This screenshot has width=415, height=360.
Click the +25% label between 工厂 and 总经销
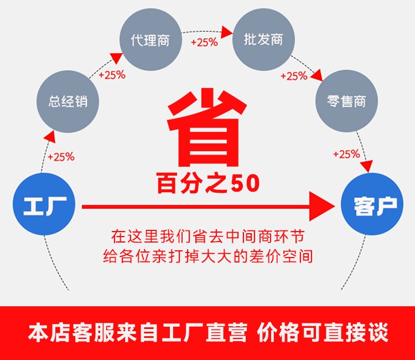(x=61, y=157)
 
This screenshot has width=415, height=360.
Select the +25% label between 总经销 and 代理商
(x=112, y=75)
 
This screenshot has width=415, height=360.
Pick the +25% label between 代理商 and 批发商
(x=204, y=42)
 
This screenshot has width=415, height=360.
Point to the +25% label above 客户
(x=346, y=155)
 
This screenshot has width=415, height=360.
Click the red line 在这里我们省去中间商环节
(x=207, y=236)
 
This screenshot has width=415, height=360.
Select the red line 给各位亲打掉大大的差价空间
(x=207, y=256)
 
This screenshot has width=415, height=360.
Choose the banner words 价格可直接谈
(x=323, y=333)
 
